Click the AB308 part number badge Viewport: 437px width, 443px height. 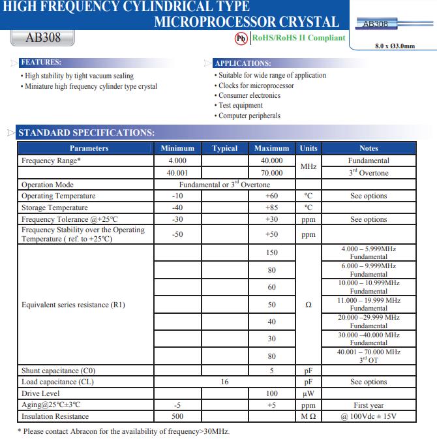43,37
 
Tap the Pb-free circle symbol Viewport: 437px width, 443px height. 241,38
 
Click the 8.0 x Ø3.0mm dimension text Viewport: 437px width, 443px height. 395,46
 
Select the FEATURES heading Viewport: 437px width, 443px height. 41,63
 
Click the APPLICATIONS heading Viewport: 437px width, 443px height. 243,63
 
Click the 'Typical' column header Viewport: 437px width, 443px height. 225,148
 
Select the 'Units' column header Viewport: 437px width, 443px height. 309,148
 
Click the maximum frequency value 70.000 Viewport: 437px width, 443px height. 272,173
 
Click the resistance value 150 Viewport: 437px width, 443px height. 272,252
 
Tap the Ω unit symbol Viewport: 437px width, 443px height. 309,305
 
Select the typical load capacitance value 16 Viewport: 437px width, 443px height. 225,382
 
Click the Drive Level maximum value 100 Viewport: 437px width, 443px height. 272,393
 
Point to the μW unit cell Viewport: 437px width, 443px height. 309,393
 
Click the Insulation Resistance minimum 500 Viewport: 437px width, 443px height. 177,416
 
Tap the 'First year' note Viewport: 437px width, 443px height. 369,405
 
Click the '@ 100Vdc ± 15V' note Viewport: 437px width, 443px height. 369,416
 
